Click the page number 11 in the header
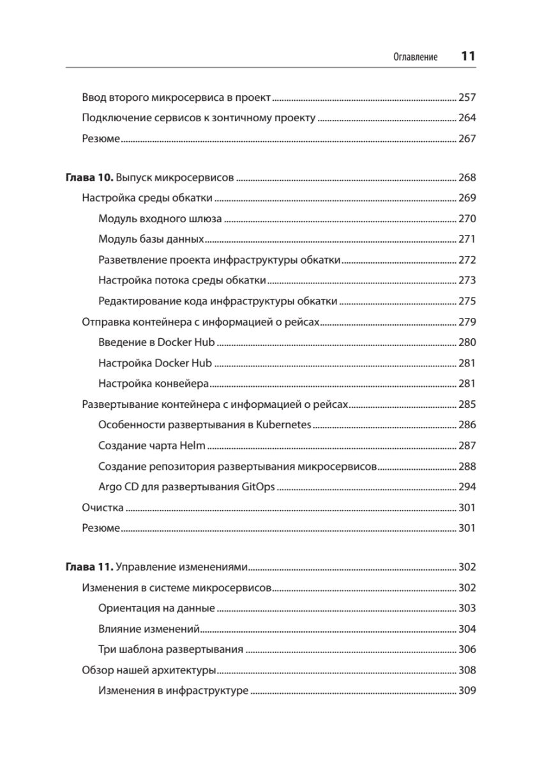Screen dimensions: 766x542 (468, 56)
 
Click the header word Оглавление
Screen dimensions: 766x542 (415, 57)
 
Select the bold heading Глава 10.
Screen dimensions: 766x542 (89, 177)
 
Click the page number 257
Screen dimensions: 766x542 (467, 98)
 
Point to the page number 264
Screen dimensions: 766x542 (467, 118)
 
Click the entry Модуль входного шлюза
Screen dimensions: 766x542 (160, 218)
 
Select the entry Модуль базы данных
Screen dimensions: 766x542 (151, 239)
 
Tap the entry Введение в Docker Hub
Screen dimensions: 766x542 (157, 343)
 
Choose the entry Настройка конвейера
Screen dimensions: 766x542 (154, 384)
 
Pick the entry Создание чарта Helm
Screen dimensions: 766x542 (152, 446)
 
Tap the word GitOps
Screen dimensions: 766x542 (258, 487)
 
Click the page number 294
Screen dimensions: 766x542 (467, 487)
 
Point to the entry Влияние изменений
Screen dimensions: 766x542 (149, 629)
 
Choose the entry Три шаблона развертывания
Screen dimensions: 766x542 (171, 650)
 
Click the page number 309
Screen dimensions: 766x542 (467, 691)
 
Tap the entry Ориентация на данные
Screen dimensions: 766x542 (156, 608)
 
